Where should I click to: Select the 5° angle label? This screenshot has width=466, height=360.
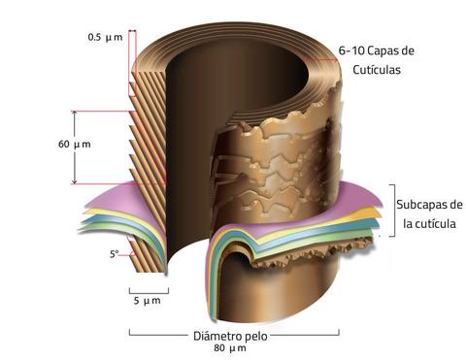115,254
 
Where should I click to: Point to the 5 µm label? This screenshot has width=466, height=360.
147,301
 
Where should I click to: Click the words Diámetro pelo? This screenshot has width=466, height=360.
231,336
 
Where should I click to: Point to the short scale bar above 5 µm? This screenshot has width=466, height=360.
148,288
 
